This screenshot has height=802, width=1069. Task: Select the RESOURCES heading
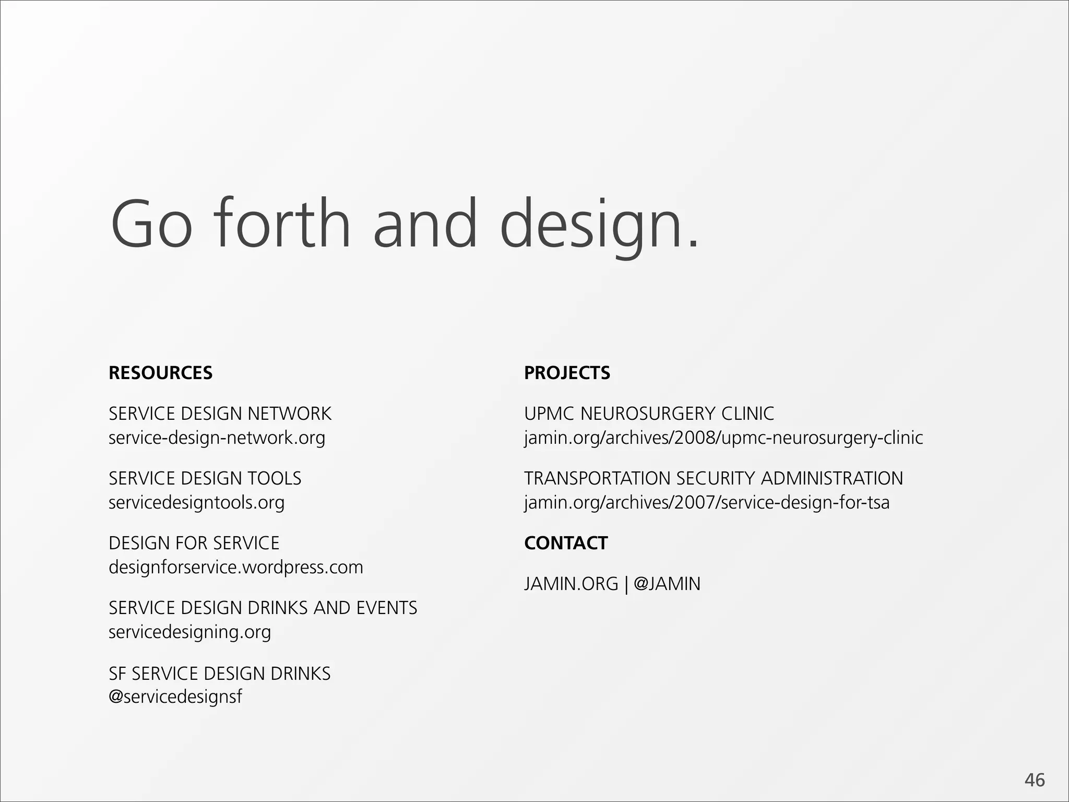tap(160, 373)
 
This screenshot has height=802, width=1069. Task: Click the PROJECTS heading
tap(567, 373)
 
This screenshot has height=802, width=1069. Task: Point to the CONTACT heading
tap(566, 543)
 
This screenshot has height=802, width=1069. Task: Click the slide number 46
tap(1035, 780)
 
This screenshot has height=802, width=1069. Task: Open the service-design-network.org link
tap(217, 438)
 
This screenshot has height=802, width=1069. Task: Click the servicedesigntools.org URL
tap(196, 502)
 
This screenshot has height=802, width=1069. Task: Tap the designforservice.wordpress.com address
tap(235, 567)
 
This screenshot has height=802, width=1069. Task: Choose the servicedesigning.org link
tap(189, 632)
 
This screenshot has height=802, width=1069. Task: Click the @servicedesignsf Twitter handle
tap(175, 697)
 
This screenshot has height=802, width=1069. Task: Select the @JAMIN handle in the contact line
tap(667, 584)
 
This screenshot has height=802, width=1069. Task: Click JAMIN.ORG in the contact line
tap(571, 584)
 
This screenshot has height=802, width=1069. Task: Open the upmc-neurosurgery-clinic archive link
tap(723, 438)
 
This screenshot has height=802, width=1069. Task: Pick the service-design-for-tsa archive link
tap(707, 502)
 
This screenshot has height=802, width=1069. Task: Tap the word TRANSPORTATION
tap(597, 478)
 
